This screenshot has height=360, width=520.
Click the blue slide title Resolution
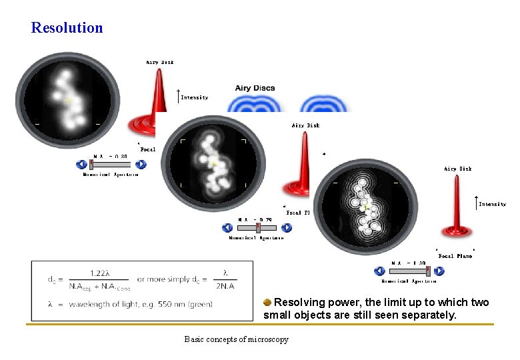(x=67, y=28)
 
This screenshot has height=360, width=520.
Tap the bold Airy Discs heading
(x=255, y=88)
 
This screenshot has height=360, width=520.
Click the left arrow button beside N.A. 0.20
(x=81, y=164)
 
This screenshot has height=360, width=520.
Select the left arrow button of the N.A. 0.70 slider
(x=228, y=227)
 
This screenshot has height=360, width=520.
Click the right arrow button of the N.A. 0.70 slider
(x=287, y=227)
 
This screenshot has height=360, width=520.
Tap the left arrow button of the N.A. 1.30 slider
(x=379, y=271)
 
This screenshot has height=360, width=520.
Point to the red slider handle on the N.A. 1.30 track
(x=428, y=271)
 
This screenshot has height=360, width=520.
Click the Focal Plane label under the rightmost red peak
(x=455, y=256)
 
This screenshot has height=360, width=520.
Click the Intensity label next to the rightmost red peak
(x=492, y=204)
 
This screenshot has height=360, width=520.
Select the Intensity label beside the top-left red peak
(x=195, y=97)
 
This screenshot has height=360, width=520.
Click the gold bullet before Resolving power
(x=267, y=303)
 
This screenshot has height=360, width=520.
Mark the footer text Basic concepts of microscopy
(x=237, y=339)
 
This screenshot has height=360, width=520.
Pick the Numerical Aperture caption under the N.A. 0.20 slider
(x=111, y=175)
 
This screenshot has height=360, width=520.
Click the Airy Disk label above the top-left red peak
(x=160, y=63)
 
